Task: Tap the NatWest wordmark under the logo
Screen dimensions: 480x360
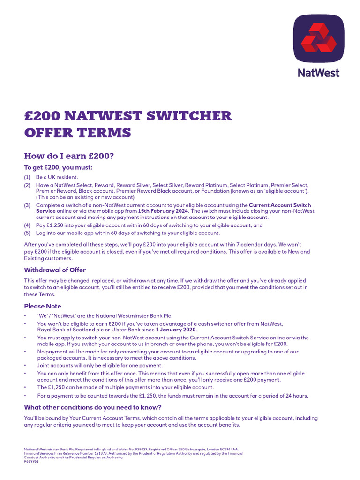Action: point(319,73)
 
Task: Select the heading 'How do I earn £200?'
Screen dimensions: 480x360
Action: point(69,156)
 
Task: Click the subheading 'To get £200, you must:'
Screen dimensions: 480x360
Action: point(59,167)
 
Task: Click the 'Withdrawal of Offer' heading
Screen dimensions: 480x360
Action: point(55,270)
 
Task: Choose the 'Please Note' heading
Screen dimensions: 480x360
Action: point(43,306)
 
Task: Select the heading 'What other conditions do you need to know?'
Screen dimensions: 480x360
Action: point(93,407)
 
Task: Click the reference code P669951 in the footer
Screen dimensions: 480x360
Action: point(31,462)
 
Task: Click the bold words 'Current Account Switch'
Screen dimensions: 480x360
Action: point(280,205)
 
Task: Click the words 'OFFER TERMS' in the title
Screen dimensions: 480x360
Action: point(77,133)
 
